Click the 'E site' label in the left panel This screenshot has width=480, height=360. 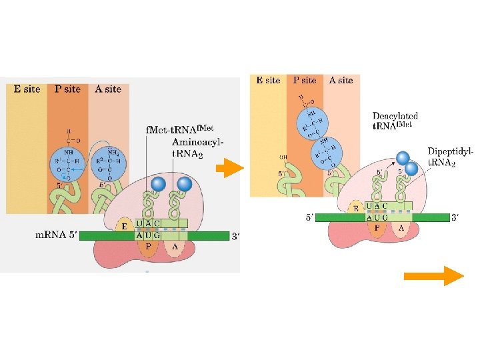click(27, 89)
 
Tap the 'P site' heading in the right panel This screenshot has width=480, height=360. click(305, 80)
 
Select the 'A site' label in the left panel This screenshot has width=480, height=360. click(108, 89)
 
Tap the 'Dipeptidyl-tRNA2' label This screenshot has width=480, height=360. click(451, 157)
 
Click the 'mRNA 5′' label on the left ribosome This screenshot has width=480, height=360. click(56, 235)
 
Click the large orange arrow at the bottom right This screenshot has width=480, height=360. click(433, 275)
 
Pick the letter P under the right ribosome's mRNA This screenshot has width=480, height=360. click(377, 227)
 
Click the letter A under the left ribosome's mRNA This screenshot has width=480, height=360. click(174, 245)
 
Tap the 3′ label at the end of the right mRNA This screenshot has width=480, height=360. click(455, 217)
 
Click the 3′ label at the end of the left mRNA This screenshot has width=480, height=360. click(235, 235)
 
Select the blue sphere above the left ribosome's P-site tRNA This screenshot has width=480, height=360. click(158, 185)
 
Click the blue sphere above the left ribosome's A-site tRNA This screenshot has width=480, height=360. click(185, 184)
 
